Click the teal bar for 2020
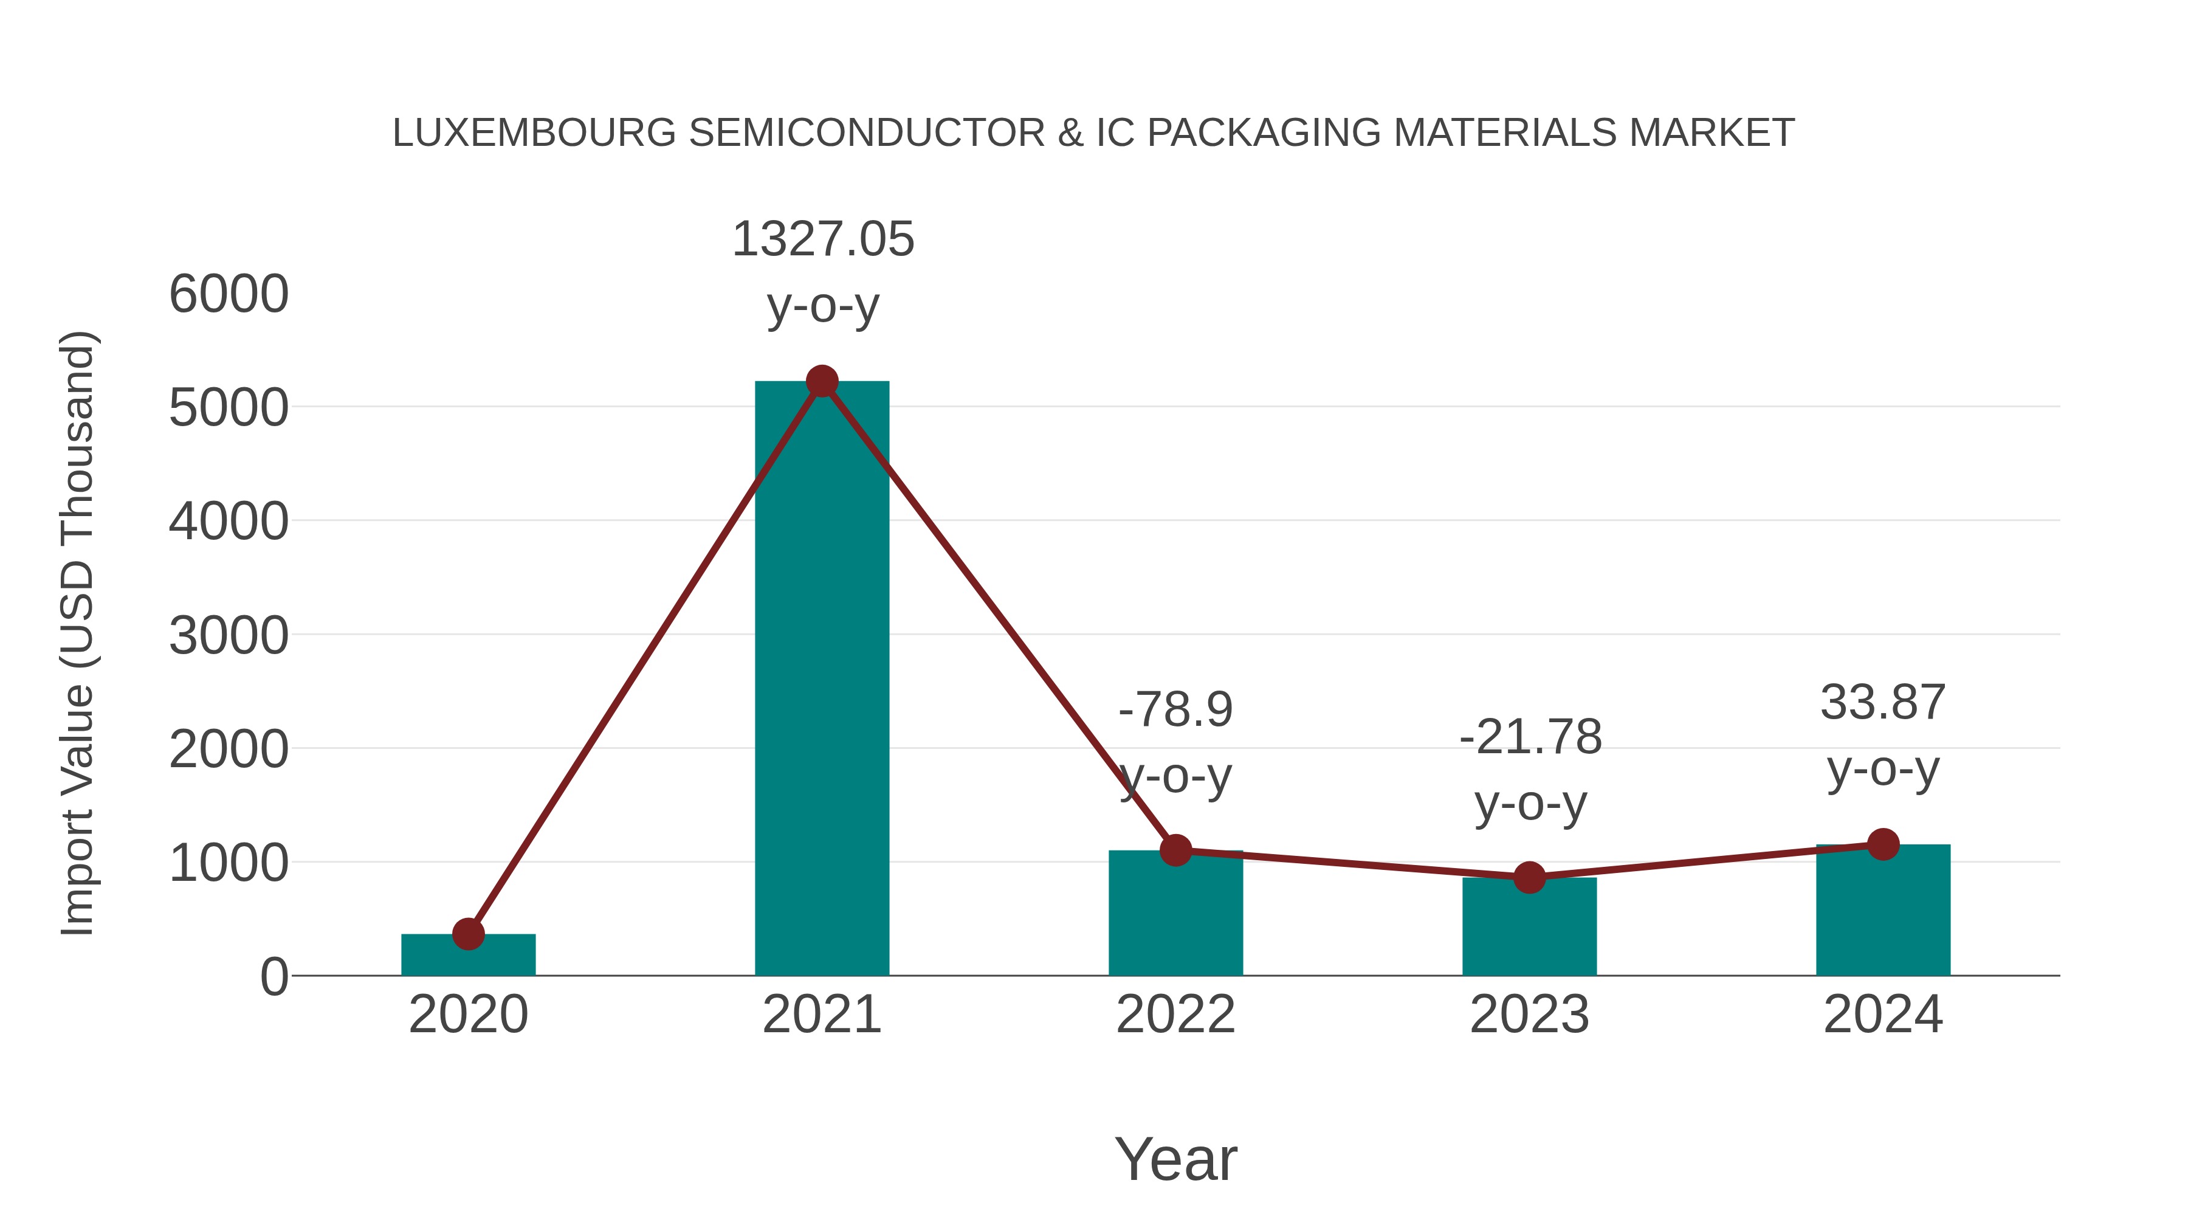click(468, 958)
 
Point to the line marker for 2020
click(468, 934)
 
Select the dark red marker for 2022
click(1175, 850)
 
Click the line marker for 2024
click(1882, 844)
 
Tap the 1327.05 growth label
click(822, 239)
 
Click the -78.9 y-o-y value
click(1175, 709)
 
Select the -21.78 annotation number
click(1530, 737)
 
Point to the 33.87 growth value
click(1882, 703)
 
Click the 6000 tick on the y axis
click(229, 294)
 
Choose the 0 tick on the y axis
click(273, 976)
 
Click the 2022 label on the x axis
click(1175, 1015)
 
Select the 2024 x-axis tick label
click(1882, 1015)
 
